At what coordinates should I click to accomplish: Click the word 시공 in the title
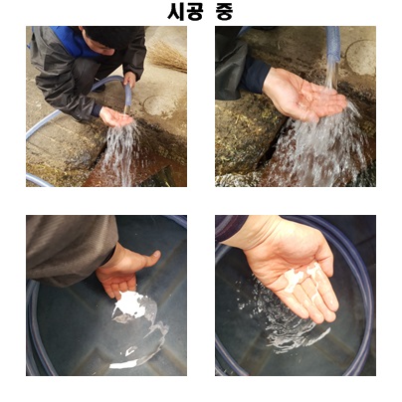pyautogui.click(x=181, y=12)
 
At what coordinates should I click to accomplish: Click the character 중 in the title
pyautogui.click(x=222, y=13)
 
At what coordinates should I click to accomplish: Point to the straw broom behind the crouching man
pyautogui.click(x=166, y=56)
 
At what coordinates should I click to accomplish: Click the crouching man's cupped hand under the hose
pyautogui.click(x=116, y=116)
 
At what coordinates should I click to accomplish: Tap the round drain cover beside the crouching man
pyautogui.click(x=158, y=105)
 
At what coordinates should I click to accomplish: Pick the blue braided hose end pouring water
pyautogui.click(x=333, y=44)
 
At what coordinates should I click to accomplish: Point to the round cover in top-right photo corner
pyautogui.click(x=360, y=57)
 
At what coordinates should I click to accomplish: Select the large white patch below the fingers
pyautogui.click(x=130, y=304)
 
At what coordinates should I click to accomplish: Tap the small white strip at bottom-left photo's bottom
pyautogui.click(x=122, y=365)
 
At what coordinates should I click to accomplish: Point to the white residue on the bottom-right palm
pyautogui.click(x=301, y=276)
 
